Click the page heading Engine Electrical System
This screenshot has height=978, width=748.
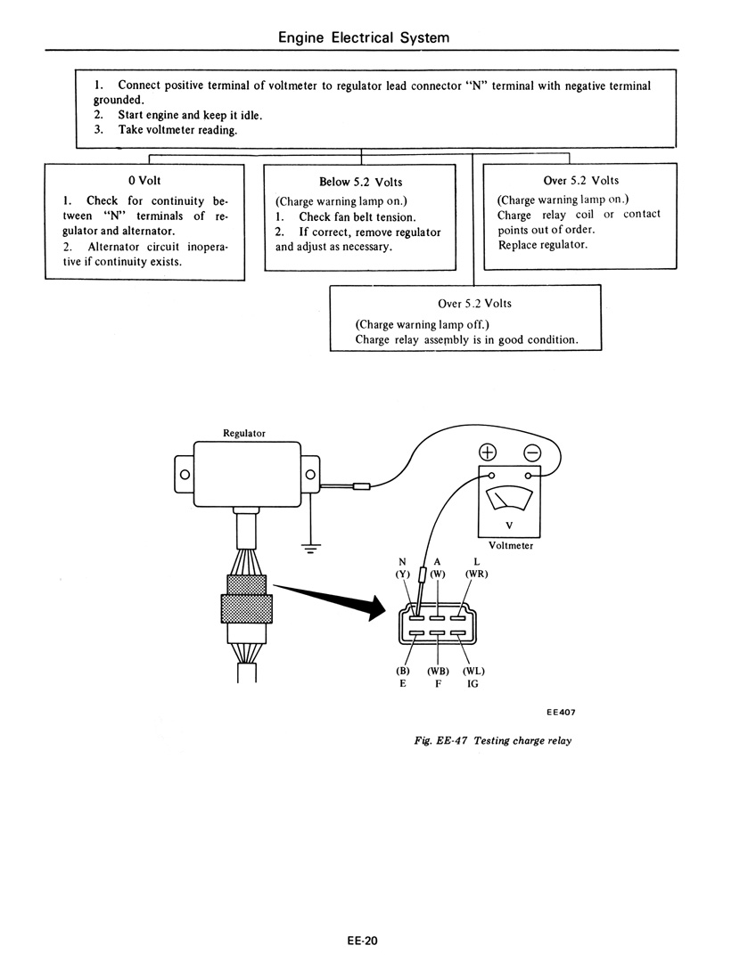coord(364,37)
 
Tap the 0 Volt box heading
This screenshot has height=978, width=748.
coord(144,180)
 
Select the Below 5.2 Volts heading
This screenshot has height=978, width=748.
coord(360,182)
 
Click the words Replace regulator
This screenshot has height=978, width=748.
coord(543,244)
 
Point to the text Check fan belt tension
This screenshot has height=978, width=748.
coord(358,217)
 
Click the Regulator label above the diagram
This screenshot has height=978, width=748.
coord(244,433)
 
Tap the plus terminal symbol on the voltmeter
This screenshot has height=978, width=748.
coord(487,452)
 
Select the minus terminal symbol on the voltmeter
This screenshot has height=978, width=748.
coord(532,452)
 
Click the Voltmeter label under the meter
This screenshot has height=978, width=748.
coord(511,546)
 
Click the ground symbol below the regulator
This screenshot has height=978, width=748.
coord(310,549)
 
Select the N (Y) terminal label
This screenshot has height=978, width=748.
coord(402,567)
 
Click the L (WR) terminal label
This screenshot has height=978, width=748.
coord(476,567)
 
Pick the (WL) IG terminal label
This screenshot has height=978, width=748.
coord(473,677)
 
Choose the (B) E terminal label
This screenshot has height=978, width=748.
coord(403,677)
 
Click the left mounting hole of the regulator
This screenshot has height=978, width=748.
coord(185,474)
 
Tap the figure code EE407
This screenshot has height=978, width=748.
coord(561,712)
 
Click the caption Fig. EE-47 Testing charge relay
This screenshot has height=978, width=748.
coord(493,740)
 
